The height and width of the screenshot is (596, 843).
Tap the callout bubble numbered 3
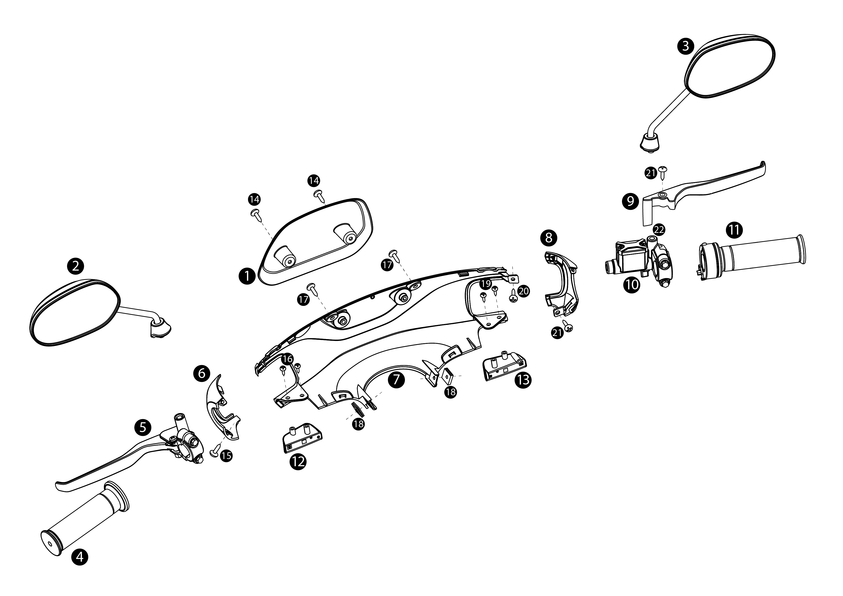click(686, 46)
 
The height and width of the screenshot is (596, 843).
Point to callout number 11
click(734, 230)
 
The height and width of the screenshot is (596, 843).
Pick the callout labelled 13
click(523, 380)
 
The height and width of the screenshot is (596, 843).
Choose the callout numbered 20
click(524, 292)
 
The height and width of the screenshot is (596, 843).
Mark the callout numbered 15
click(227, 456)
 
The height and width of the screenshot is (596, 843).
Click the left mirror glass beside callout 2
click(75, 312)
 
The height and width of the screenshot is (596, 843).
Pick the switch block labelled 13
click(504, 366)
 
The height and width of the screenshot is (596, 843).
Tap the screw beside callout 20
click(514, 296)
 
